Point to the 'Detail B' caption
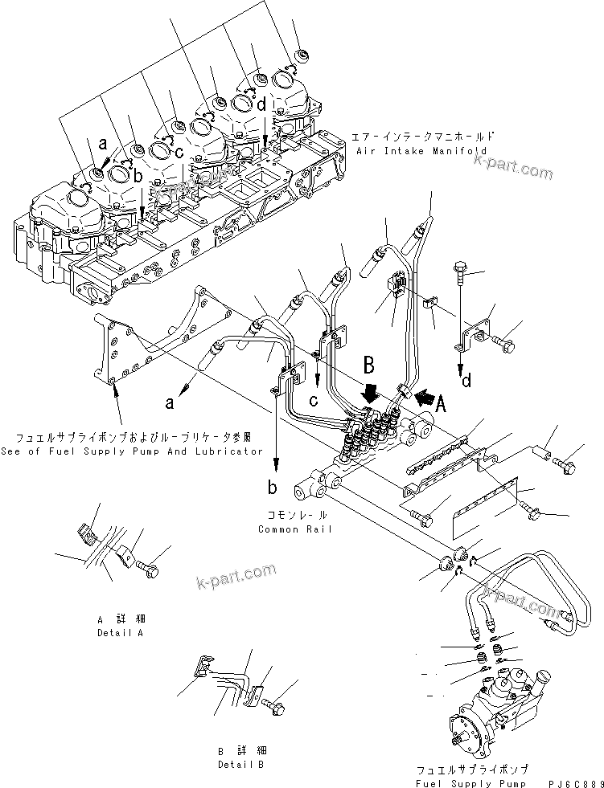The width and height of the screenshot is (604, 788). (240, 764)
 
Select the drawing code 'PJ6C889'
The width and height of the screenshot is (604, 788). (574, 783)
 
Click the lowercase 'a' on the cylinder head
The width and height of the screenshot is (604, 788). (102, 144)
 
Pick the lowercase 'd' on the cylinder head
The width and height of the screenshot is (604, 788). (262, 104)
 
